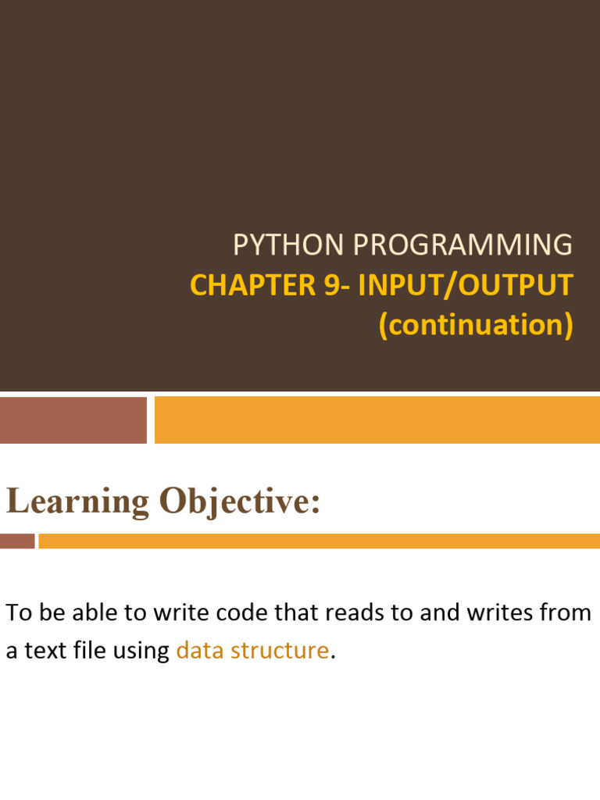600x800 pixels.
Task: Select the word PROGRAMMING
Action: click(462, 245)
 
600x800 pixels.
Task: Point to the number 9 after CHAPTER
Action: click(331, 285)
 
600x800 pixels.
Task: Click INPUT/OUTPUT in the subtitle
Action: click(466, 285)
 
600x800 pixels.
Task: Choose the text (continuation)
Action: click(476, 325)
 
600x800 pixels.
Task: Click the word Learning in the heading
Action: click(77, 501)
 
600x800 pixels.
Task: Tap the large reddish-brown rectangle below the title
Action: click(73, 420)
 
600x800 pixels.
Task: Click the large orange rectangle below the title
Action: click(377, 420)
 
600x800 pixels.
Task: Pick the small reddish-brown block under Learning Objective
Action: click(17, 541)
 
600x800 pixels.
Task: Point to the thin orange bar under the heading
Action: click(319, 541)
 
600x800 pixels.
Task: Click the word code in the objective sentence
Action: click(236, 612)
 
